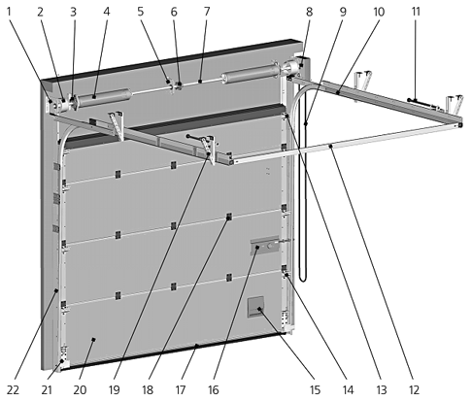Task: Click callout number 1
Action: click(x=9, y=12)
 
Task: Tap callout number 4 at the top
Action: click(x=107, y=12)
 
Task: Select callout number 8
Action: click(x=309, y=12)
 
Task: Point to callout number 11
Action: click(x=416, y=12)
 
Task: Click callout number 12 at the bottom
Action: click(x=414, y=389)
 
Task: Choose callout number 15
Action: click(x=315, y=389)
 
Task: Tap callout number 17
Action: click(x=181, y=389)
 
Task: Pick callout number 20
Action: click(x=80, y=389)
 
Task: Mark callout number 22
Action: click(x=13, y=389)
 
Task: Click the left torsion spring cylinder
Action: click(x=104, y=97)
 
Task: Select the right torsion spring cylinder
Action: click(x=250, y=75)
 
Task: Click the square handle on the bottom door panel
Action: click(x=255, y=307)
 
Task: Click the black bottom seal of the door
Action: click(x=173, y=352)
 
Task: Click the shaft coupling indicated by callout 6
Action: click(x=179, y=85)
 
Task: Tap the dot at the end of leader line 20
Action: click(x=94, y=339)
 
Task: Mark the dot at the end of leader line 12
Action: click(x=330, y=147)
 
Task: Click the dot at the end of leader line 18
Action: click(x=228, y=218)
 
